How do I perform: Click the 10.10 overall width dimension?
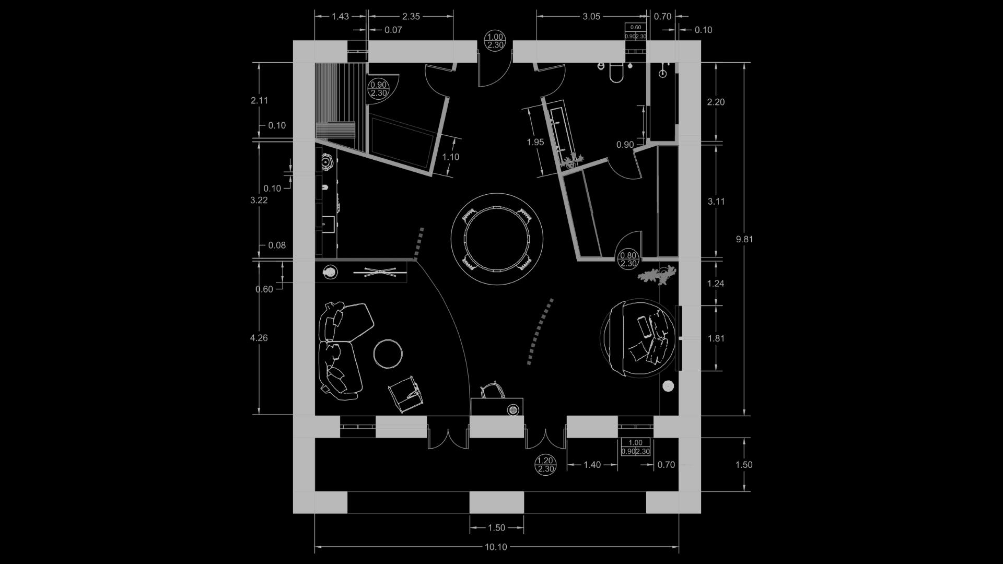496,547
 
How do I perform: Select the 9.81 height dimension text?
744,239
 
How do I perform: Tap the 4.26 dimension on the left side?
259,338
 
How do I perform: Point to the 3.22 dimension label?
259,200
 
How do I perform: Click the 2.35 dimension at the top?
411,16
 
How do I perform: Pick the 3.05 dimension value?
591,16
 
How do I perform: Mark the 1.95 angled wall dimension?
535,142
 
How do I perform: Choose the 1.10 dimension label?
450,157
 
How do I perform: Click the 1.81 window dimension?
716,338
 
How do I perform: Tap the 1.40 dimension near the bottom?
592,465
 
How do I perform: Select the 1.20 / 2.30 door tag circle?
545,464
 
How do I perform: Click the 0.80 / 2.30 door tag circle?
628,259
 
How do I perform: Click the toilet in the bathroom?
616,73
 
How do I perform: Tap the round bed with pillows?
638,338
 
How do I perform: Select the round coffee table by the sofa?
388,354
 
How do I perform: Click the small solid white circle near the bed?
668,386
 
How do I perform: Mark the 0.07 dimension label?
393,30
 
